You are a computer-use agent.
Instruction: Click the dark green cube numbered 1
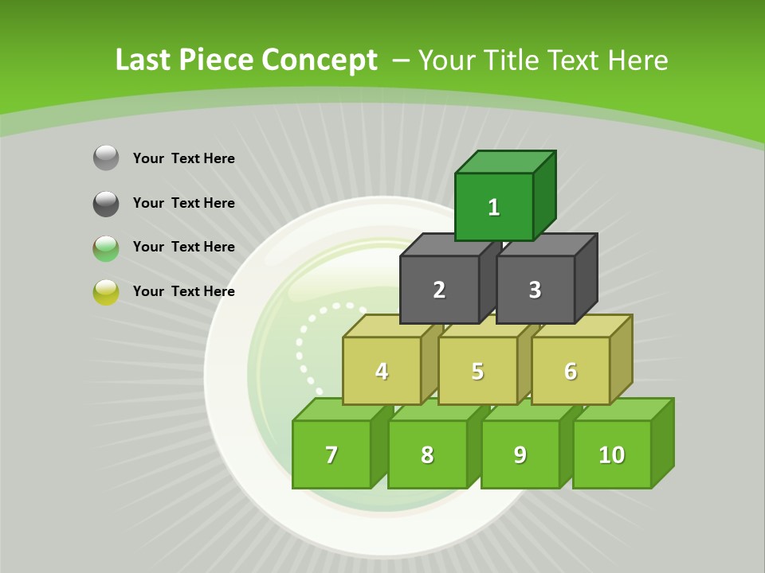pyautogui.click(x=494, y=207)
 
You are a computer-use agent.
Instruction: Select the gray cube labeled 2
pyautogui.click(x=439, y=290)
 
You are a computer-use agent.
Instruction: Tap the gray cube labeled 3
pyautogui.click(x=535, y=290)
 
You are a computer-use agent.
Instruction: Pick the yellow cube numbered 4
pyautogui.click(x=382, y=371)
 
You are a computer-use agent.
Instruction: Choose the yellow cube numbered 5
pyautogui.click(x=477, y=371)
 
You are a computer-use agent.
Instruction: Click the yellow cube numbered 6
pyautogui.click(x=571, y=371)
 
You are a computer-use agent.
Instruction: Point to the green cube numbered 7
pyautogui.click(x=331, y=454)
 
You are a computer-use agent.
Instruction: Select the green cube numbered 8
pyautogui.click(x=427, y=454)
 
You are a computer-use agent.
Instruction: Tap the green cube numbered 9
pyautogui.click(x=520, y=454)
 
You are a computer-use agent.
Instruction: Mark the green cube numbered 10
pyautogui.click(x=612, y=454)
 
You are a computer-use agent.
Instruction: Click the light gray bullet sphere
pyautogui.click(x=106, y=158)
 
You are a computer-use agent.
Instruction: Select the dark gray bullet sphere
pyautogui.click(x=106, y=203)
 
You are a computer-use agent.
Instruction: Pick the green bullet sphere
pyautogui.click(x=106, y=248)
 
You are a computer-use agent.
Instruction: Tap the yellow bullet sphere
pyautogui.click(x=106, y=292)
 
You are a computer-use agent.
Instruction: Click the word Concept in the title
pyautogui.click(x=320, y=60)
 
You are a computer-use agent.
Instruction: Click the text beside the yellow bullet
pyautogui.click(x=184, y=291)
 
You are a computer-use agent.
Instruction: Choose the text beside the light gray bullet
pyautogui.click(x=184, y=158)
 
